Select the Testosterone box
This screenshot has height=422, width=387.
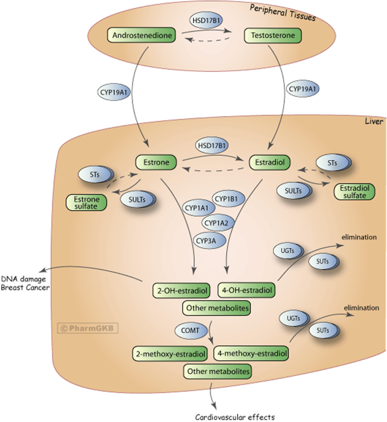(273, 35)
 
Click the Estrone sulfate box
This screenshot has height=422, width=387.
(86, 202)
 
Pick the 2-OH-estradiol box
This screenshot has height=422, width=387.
(182, 291)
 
